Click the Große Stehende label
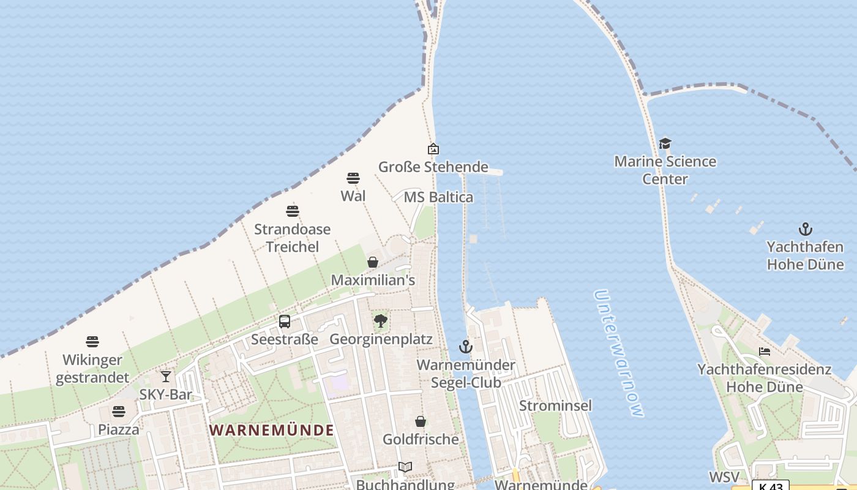(433, 167)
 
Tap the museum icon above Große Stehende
(433, 149)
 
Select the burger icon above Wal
(353, 178)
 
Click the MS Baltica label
(438, 197)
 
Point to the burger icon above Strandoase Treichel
(293, 212)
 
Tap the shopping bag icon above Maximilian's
(373, 262)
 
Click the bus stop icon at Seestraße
(285, 322)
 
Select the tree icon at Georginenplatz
(381, 320)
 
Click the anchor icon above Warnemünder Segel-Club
(466, 347)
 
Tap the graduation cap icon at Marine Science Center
(665, 143)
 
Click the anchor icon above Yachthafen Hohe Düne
(806, 229)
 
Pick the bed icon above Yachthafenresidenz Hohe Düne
(765, 352)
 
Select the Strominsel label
(555, 405)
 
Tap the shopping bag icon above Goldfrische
(421, 421)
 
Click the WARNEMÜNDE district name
(272, 430)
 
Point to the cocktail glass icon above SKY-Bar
(166, 377)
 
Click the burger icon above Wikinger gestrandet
(92, 341)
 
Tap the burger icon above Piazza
(119, 412)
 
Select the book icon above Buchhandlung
(405, 467)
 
